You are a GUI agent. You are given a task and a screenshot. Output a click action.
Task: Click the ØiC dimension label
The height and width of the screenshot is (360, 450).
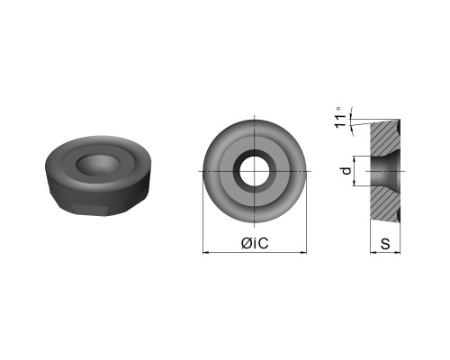255,243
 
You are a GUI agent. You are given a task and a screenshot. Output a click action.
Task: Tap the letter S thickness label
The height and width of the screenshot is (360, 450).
385,244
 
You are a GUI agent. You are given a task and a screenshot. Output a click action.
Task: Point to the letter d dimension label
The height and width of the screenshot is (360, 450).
346,171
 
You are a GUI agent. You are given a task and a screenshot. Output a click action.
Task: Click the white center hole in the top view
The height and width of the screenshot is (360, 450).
255,171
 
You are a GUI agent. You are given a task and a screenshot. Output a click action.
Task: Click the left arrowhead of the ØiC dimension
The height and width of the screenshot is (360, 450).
206,253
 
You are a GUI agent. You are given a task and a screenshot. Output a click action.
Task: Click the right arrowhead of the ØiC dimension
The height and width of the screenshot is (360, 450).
303,253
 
